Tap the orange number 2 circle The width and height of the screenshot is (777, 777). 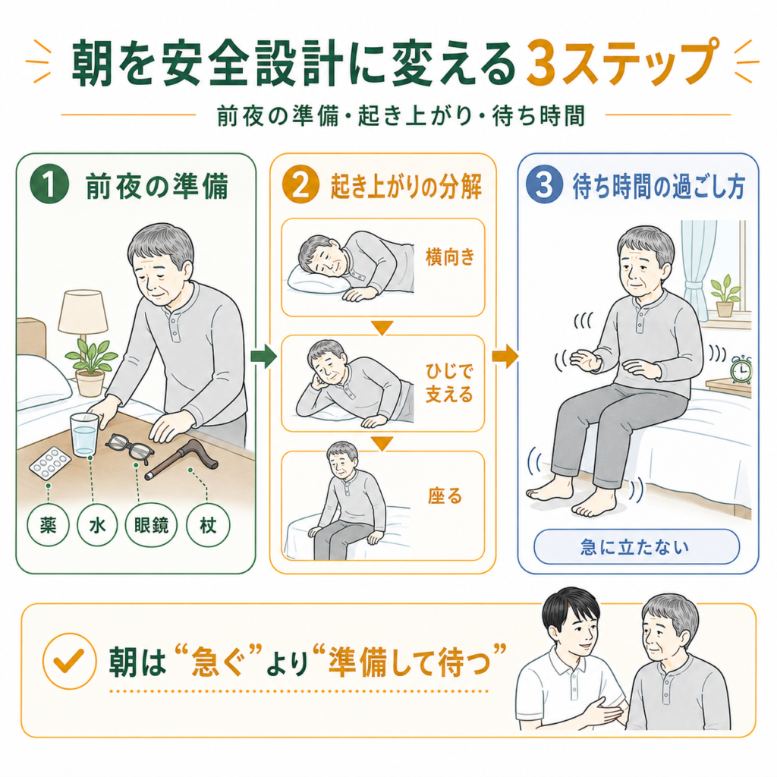[x=300, y=185]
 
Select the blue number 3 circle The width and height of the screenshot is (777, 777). [x=544, y=185]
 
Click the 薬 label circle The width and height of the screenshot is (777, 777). [x=48, y=525]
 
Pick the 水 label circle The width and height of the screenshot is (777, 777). [x=97, y=525]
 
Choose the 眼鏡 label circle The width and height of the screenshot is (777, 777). [x=151, y=525]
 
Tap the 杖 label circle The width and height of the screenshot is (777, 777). [x=208, y=525]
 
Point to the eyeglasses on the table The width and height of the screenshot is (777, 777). [x=130, y=448]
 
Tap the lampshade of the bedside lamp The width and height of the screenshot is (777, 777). [x=83, y=311]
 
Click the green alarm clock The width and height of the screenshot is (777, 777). [x=741, y=370]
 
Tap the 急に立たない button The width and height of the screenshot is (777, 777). [x=637, y=546]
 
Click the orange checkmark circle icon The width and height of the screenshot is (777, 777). [x=69, y=661]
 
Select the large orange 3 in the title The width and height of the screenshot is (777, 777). [x=541, y=63]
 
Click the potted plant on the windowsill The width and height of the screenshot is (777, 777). [x=725, y=296]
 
